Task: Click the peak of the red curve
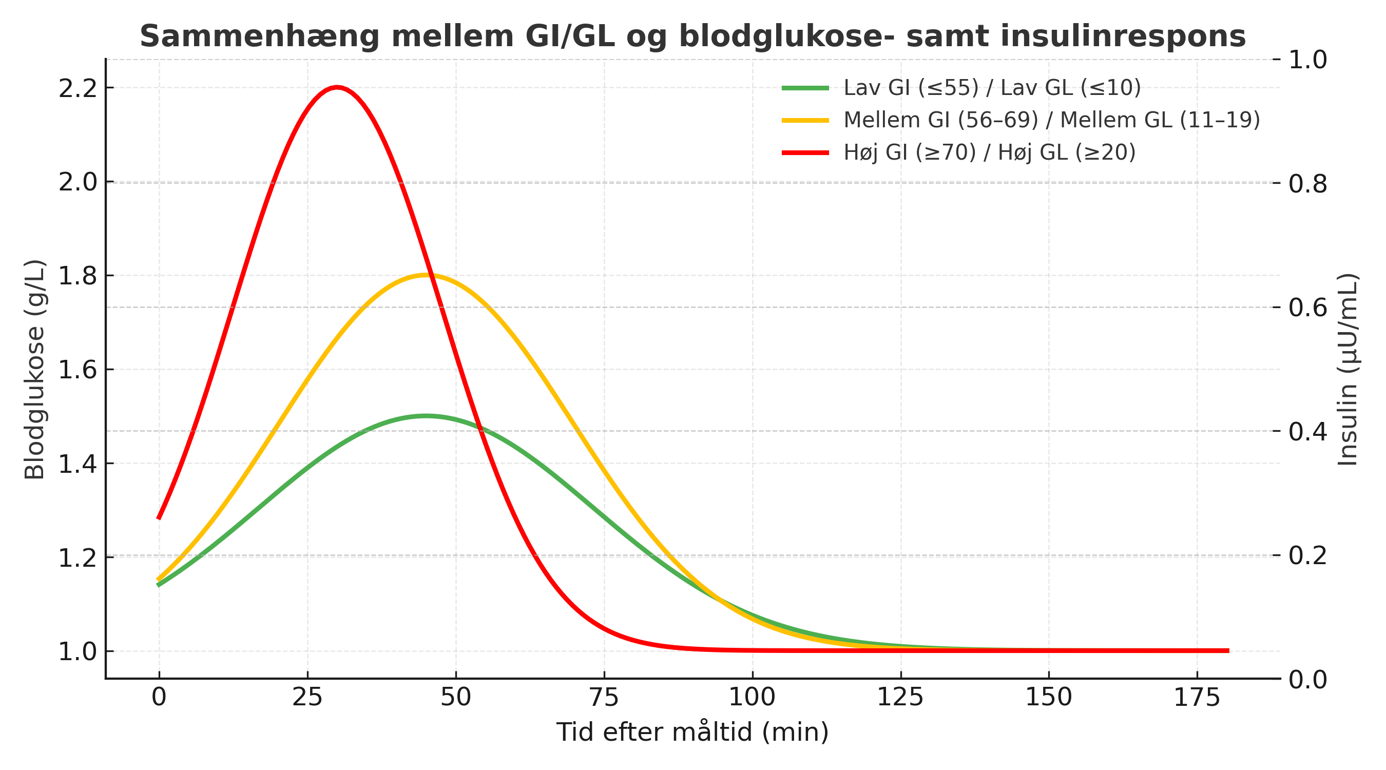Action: [x=337, y=87]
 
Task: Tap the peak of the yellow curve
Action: [x=426, y=275]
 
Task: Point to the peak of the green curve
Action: [x=426, y=416]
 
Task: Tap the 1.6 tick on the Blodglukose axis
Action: [x=78, y=370]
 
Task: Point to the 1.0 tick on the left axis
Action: [x=78, y=651]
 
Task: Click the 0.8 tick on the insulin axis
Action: [x=1307, y=183]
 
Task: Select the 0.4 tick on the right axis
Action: [x=1307, y=431]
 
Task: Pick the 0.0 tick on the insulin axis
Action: [x=1307, y=680]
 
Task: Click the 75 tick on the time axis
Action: [x=604, y=698]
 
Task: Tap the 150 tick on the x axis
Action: [x=1048, y=698]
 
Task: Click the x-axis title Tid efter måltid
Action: [x=692, y=733]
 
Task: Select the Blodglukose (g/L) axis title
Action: [x=34, y=370]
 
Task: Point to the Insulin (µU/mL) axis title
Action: [x=1347, y=370]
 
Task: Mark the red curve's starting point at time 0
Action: [x=159, y=517]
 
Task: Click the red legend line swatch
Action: [x=805, y=153]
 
